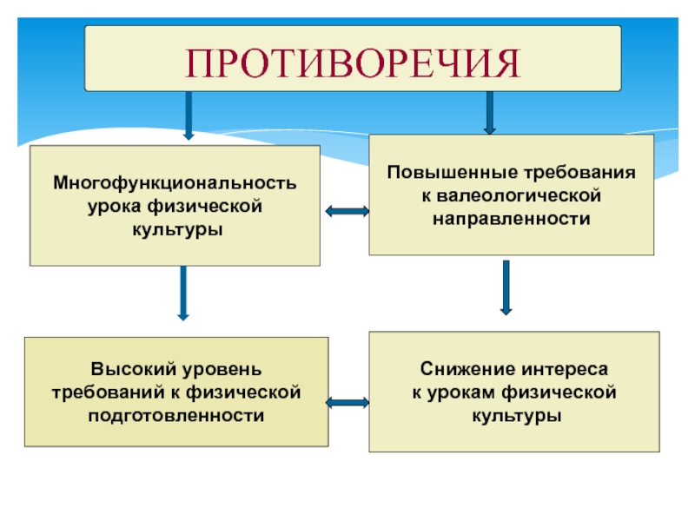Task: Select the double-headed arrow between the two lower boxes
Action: point(348,402)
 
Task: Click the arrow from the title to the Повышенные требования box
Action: point(489,112)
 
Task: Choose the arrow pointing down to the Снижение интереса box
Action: point(506,287)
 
